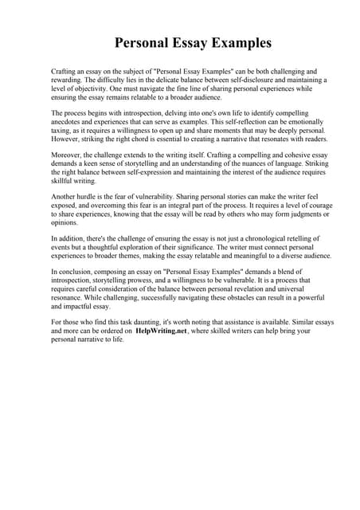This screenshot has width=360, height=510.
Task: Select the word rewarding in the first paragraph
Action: click(x=69, y=80)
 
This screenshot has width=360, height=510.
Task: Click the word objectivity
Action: click(x=89, y=90)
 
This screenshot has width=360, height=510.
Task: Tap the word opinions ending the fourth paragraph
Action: click(x=66, y=224)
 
